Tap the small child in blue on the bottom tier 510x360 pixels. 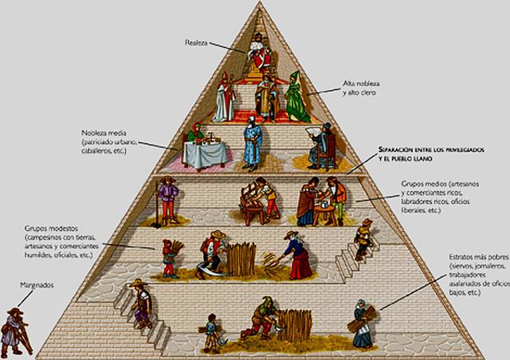click(x=211, y=332)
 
